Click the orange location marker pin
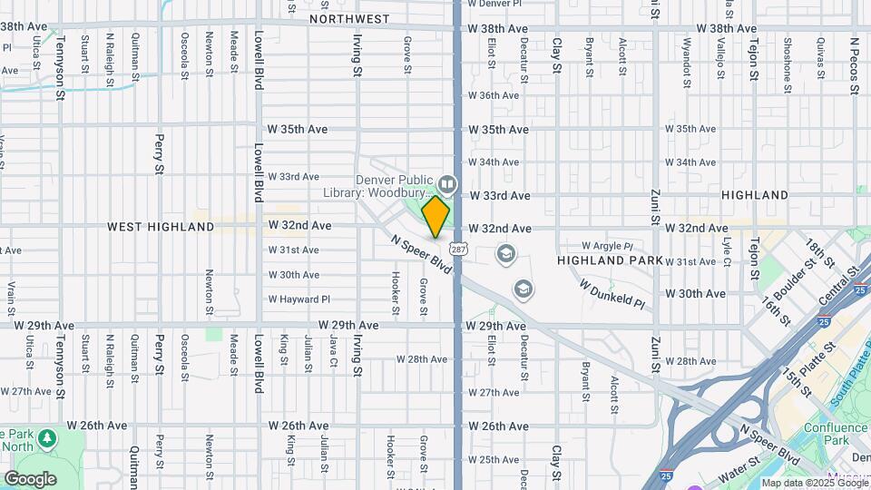(435, 216)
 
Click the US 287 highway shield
(458, 248)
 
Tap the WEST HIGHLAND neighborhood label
(161, 227)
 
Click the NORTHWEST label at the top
(349, 19)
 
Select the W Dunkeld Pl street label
(612, 295)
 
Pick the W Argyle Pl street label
(607, 246)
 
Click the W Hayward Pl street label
(299, 299)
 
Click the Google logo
(30, 478)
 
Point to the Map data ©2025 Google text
(814, 483)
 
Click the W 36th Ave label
(499, 95)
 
